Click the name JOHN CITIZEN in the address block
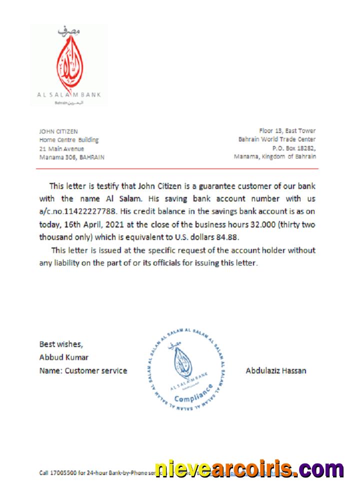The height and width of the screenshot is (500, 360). coord(58,131)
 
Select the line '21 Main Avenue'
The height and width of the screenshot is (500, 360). coord(61,148)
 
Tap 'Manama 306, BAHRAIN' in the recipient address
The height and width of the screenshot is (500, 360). coord(71,157)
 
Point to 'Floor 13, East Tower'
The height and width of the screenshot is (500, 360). coord(287,131)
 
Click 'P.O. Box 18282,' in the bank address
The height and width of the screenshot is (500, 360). coord(294,148)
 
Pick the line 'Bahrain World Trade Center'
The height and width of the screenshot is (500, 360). coord(277,139)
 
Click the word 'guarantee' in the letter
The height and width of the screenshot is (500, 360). coord(220,186)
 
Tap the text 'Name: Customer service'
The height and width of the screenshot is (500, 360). coord(83,370)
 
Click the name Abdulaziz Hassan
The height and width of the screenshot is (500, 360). coord(276,370)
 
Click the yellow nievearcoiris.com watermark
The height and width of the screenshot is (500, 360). coord(249,468)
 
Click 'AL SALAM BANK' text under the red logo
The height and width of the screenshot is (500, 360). coord(69,94)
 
